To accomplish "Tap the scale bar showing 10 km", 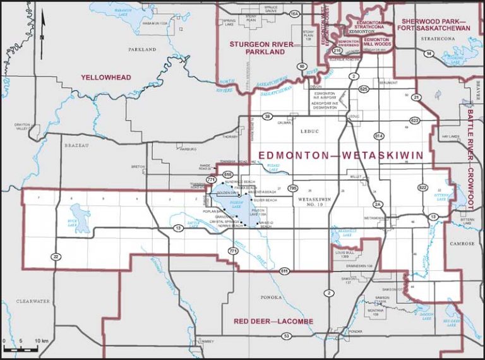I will [22, 347].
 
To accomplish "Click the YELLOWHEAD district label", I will [105, 77].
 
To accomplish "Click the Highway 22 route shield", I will [56, 256].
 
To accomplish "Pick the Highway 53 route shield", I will [286, 336].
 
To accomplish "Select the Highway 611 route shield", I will [285, 271].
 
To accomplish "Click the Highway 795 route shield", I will [292, 188].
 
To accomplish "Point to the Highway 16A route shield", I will [294, 13].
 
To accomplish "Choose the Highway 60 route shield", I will [302, 66].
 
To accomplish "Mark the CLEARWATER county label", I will [32, 302].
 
